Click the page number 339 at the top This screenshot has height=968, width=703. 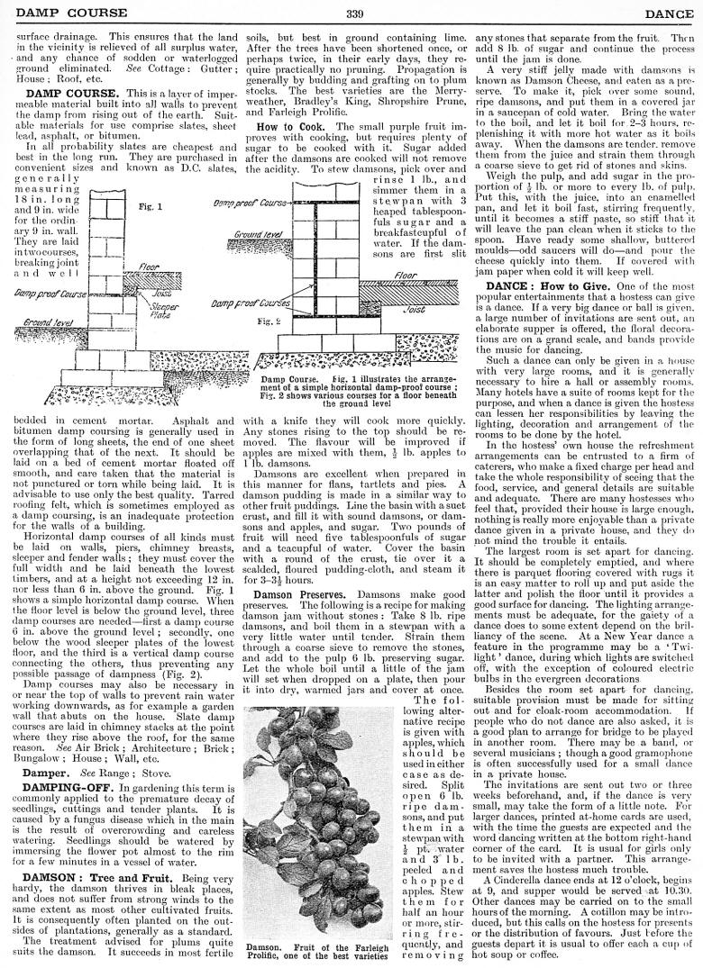[x=353, y=12]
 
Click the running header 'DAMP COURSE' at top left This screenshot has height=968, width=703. [x=54, y=12]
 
